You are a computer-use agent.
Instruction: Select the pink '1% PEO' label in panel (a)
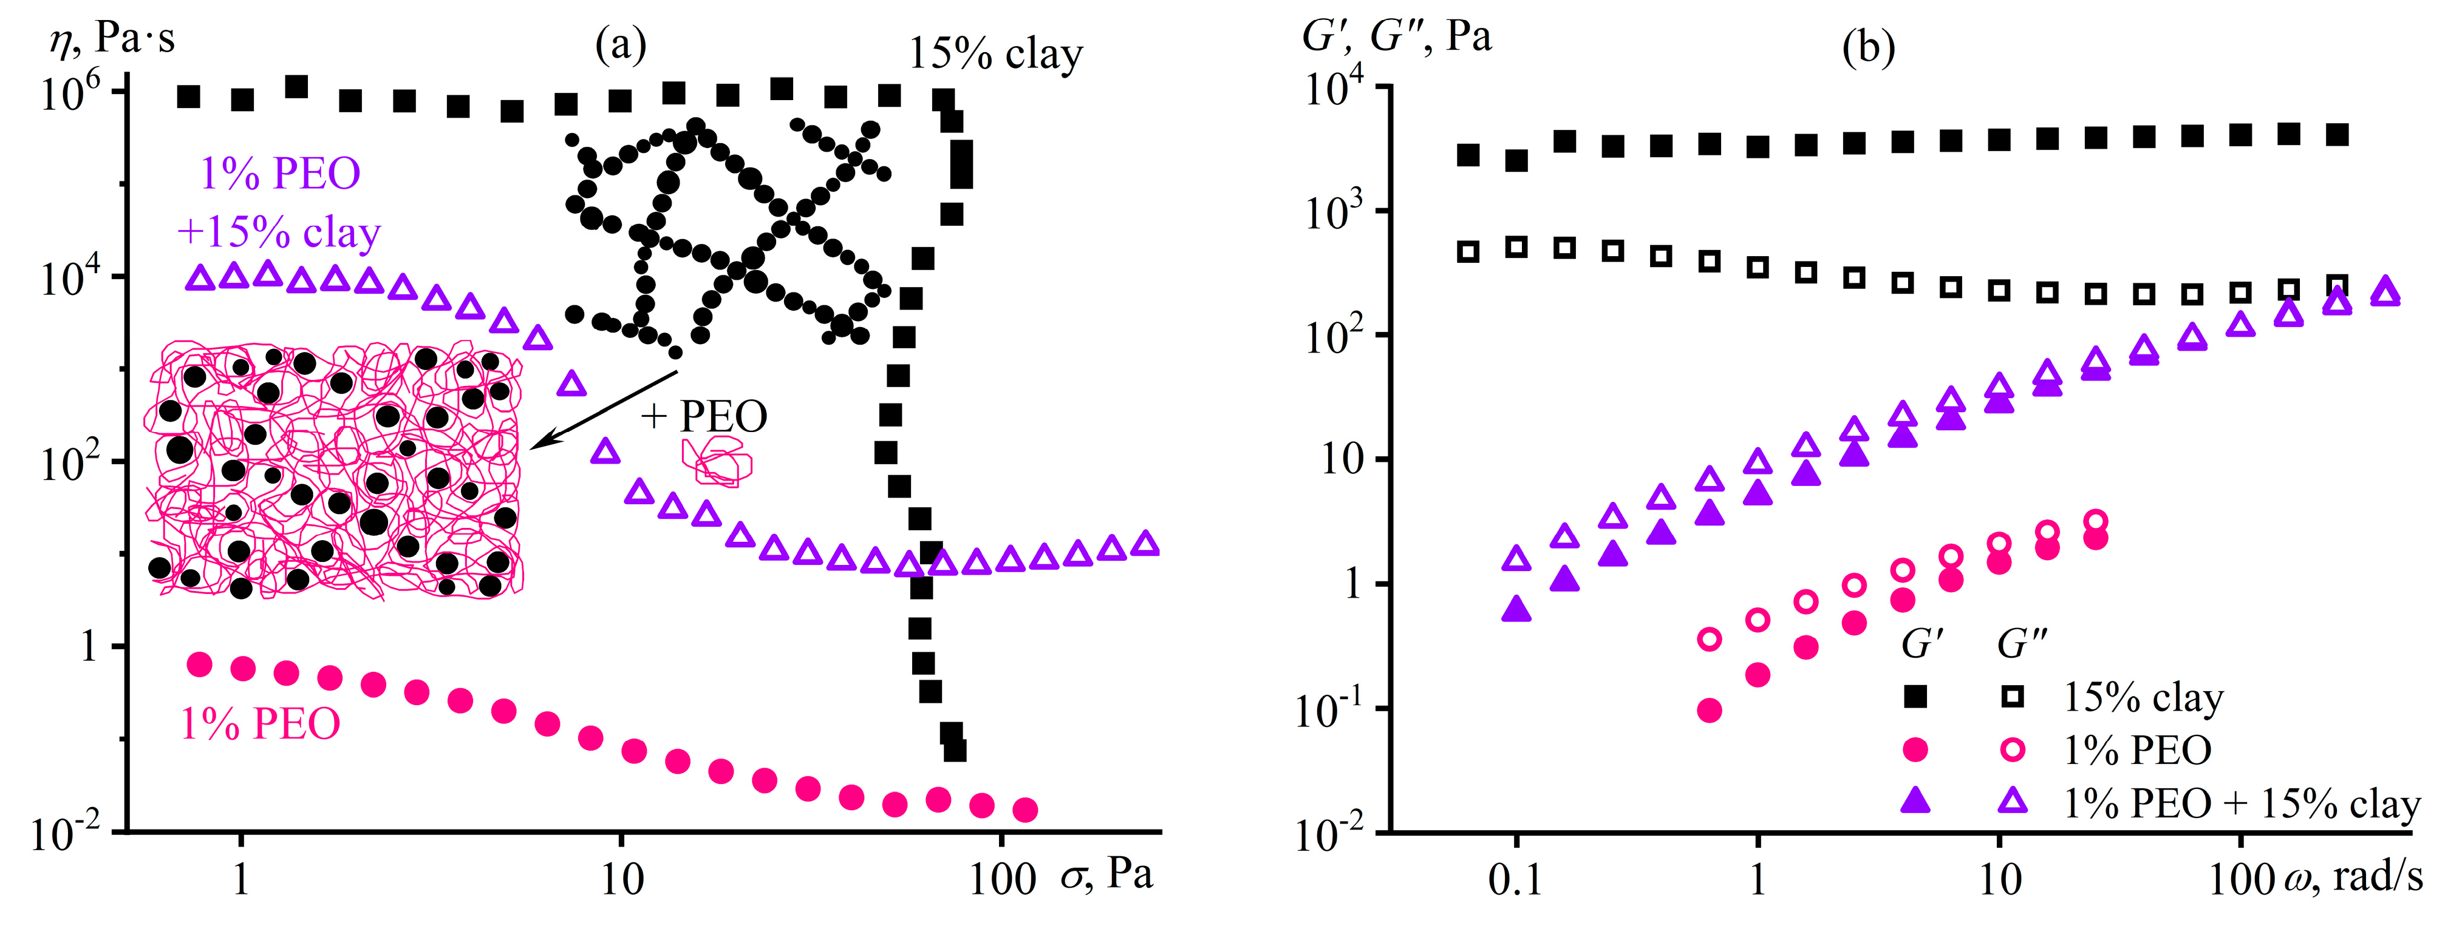[260, 724]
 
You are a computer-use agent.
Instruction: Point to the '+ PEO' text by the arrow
[704, 416]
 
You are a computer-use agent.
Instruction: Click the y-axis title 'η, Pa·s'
[112, 40]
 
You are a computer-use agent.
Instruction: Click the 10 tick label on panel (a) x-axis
[622, 879]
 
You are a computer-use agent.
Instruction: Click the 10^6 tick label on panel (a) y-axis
[71, 95]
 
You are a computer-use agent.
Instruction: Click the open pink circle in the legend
[2011, 751]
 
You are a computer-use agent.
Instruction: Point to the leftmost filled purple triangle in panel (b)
[1516, 609]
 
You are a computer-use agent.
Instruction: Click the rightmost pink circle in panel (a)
[1025, 809]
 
